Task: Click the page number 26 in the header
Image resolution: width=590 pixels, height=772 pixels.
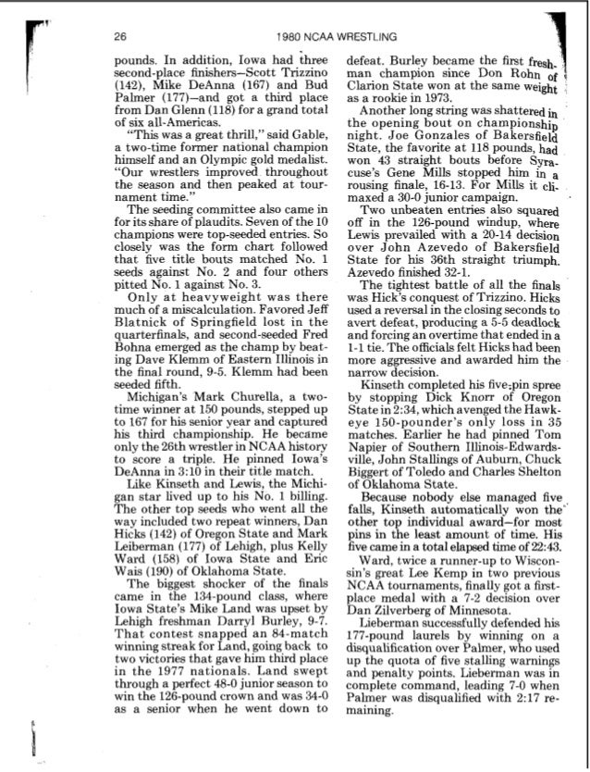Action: (120, 37)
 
